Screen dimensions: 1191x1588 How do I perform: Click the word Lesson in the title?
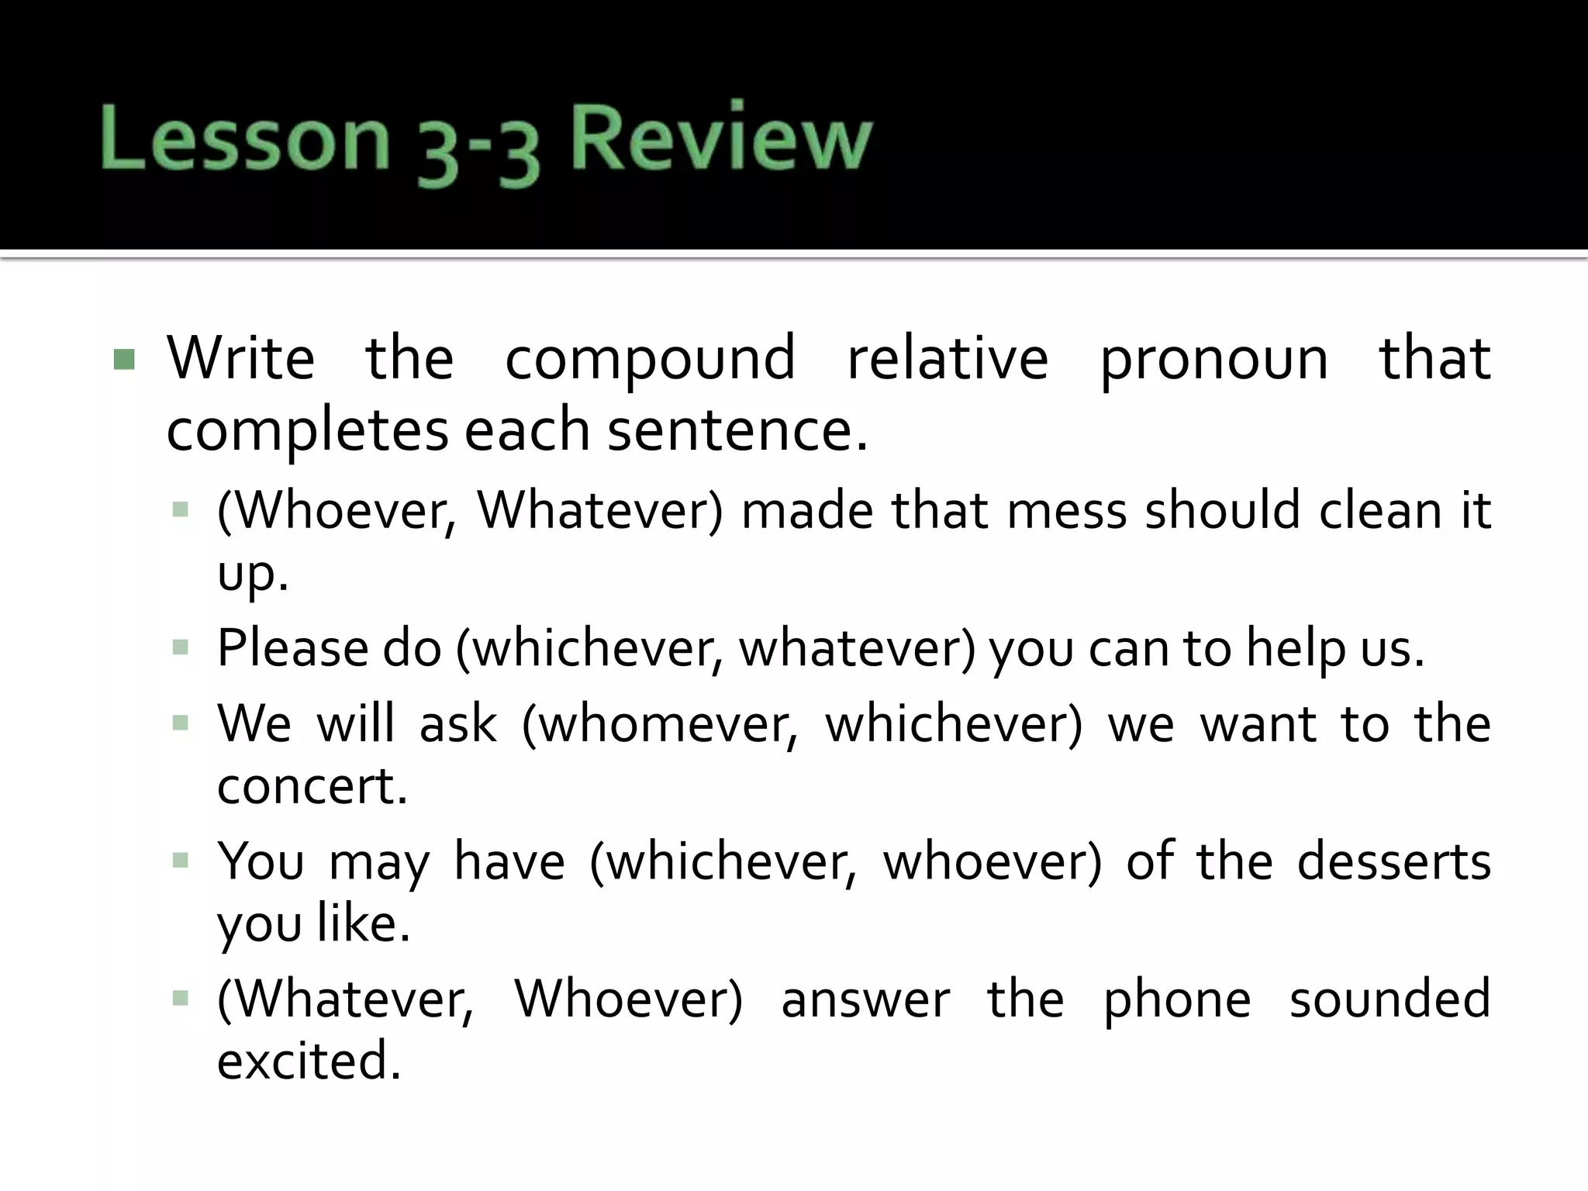244,140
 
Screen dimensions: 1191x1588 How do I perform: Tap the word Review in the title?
721,140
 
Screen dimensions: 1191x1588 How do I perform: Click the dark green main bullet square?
124,360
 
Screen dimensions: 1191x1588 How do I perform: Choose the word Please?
291,647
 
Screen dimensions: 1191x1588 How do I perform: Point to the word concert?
312,786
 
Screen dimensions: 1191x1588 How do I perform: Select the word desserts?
1393,862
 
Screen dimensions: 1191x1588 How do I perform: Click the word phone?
1177,1001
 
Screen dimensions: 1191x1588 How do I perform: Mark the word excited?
309,1061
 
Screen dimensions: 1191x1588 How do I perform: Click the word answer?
865,1000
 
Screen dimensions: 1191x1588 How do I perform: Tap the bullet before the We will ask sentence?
181,724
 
